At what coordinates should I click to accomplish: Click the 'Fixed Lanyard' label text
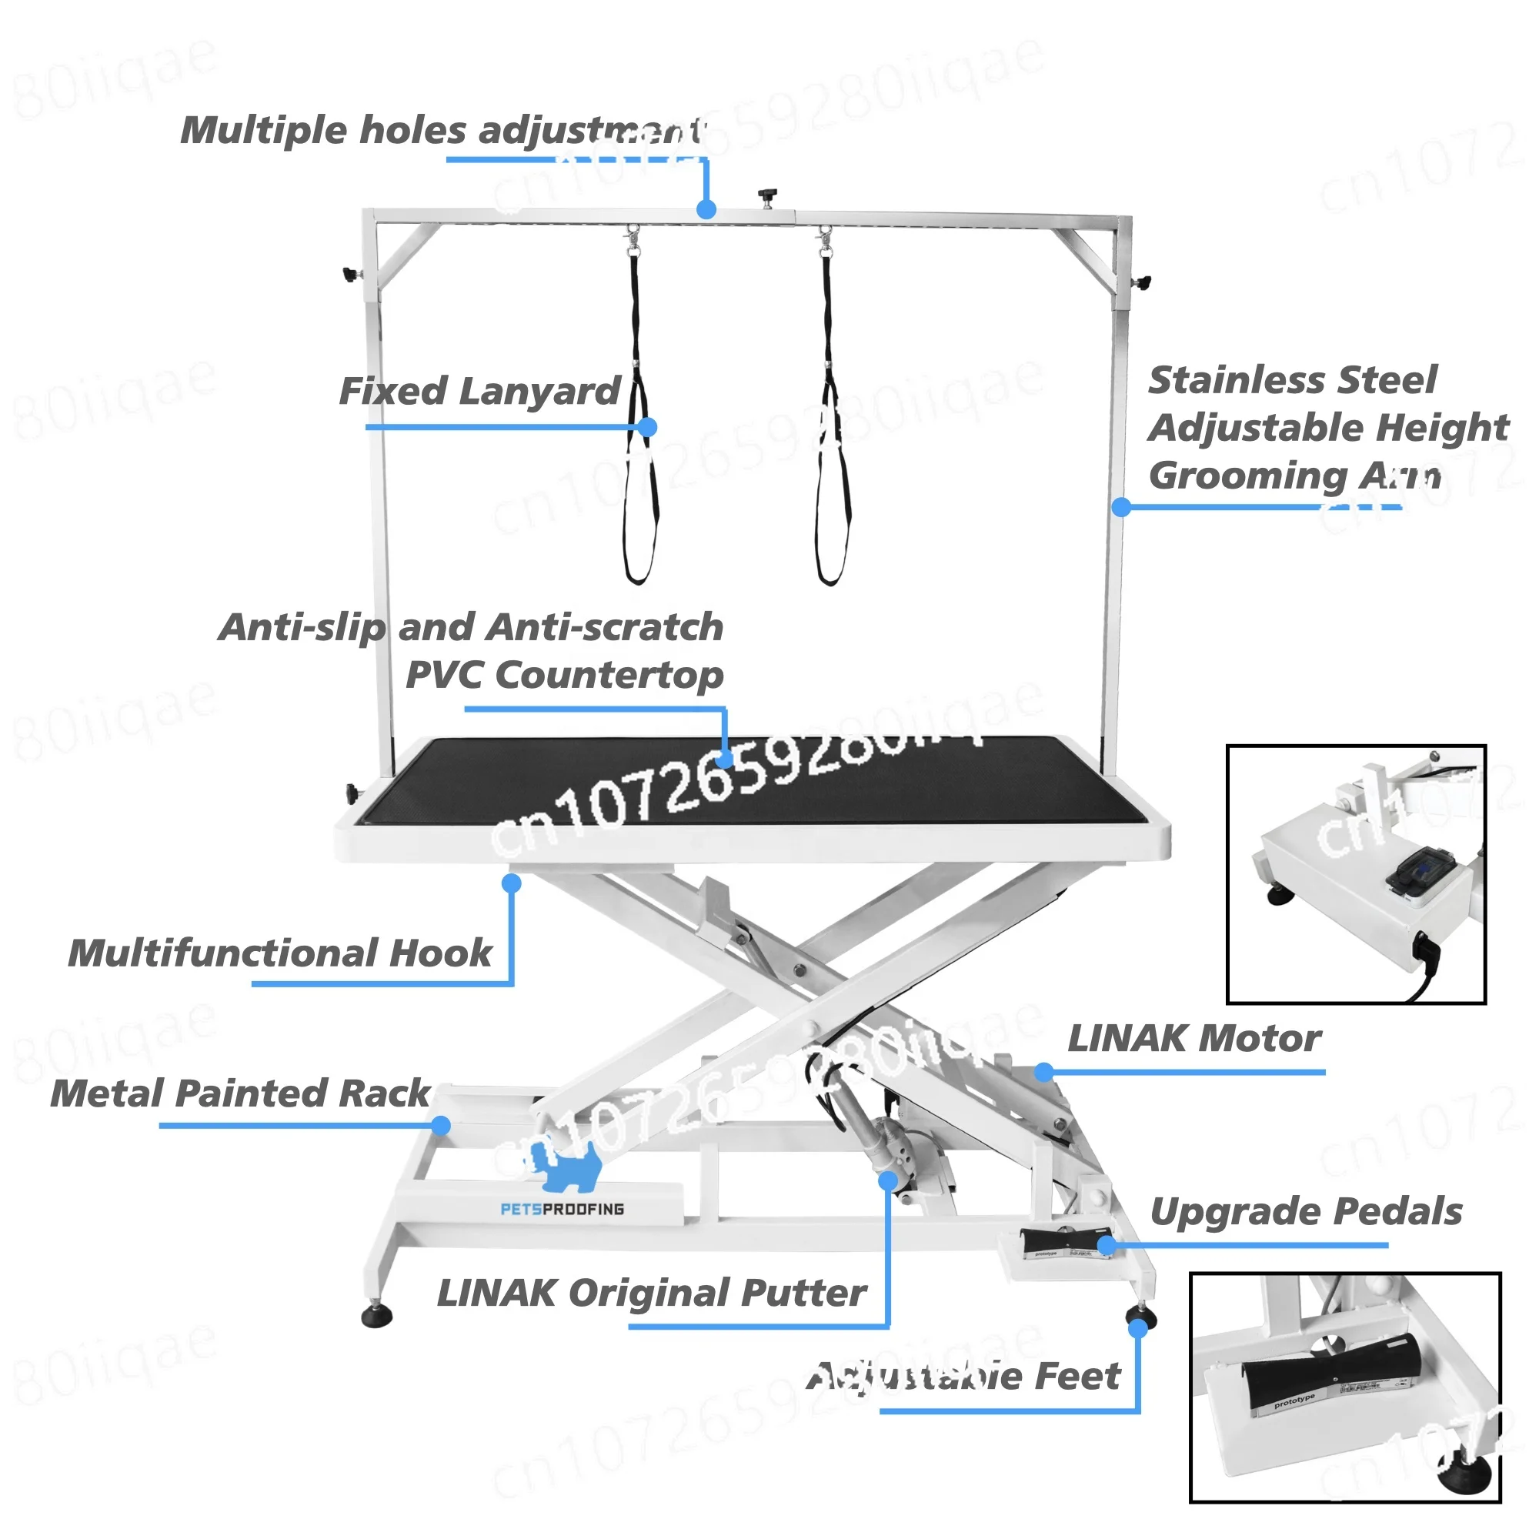tap(479, 392)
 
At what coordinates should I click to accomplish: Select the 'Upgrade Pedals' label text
tap(1306, 1212)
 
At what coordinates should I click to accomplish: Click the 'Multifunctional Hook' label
tap(280, 953)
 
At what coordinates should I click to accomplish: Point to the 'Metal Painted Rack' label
tap(240, 1093)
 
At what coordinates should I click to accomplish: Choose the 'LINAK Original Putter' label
tap(651, 1292)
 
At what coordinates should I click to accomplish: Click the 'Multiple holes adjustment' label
tap(442, 131)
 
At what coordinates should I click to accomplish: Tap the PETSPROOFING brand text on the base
tap(562, 1209)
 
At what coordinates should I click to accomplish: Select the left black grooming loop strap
tap(640, 446)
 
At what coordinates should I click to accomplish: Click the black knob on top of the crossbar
tap(767, 195)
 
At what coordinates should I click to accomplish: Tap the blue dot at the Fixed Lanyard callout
tap(648, 427)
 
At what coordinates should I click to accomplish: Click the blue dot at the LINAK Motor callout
tap(1044, 1072)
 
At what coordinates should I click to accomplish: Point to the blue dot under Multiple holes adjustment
tap(706, 209)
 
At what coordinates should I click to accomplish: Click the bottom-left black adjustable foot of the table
tap(376, 1316)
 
